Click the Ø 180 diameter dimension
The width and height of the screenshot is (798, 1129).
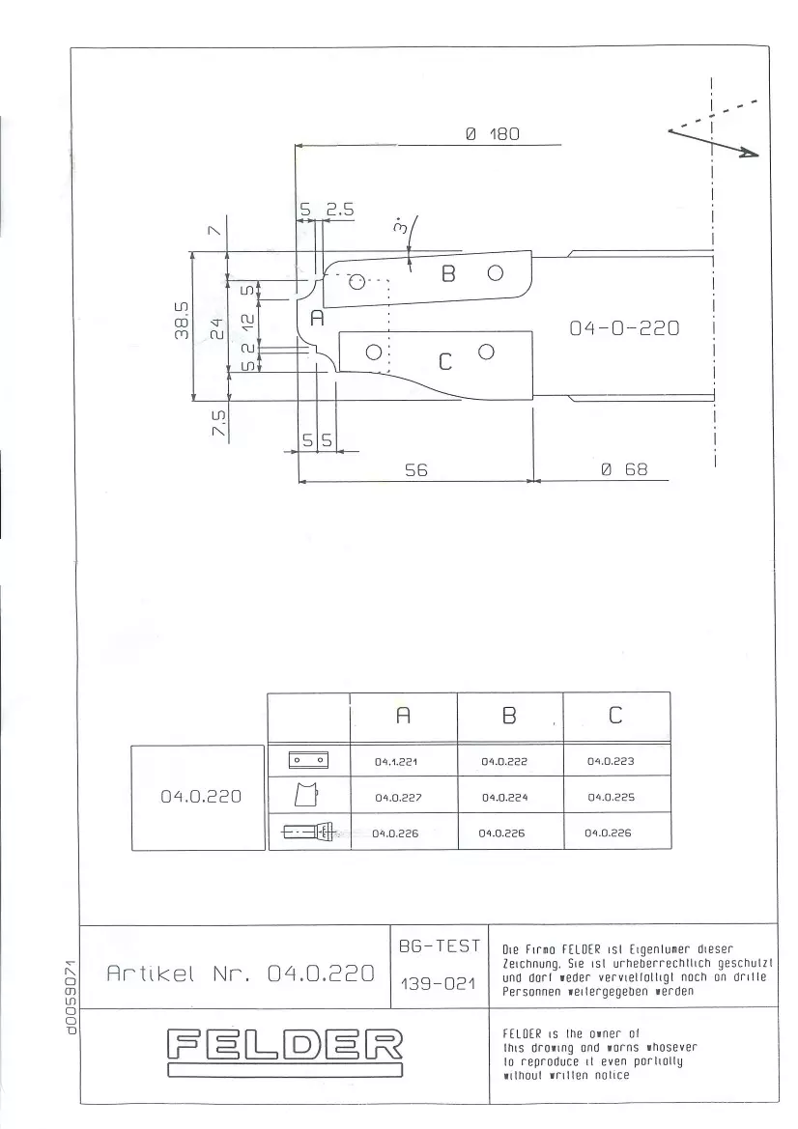493,134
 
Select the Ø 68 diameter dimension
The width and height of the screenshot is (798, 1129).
624,469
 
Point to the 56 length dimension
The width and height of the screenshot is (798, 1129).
416,470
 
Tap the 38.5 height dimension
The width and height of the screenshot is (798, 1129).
183,320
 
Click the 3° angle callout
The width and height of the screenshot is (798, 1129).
400,226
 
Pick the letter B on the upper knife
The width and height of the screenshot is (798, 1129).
448,273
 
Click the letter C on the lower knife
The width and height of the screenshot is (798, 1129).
445,361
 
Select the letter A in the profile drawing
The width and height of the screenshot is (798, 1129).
318,318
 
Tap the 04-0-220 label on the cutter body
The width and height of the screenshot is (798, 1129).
624,328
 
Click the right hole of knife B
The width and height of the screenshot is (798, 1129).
495,273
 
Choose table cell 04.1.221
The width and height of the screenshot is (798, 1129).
396,761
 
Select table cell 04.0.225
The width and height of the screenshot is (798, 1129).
612,797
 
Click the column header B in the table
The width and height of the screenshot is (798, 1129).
509,715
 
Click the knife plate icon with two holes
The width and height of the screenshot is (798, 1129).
308,760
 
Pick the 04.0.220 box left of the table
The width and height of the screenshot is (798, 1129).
199,797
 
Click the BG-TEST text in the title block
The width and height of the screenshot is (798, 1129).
440,946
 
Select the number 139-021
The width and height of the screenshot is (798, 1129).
438,983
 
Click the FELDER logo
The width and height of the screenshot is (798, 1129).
285,1052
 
